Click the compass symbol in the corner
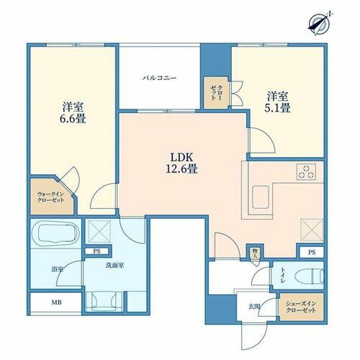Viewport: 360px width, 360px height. tap(320, 23)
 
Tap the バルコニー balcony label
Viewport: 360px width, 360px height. tap(160, 78)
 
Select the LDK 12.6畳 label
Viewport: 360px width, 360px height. tap(181, 163)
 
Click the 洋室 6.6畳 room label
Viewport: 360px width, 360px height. tap(73, 113)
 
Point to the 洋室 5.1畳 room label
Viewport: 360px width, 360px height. tap(278, 102)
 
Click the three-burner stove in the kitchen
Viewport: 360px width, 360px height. tap(306, 171)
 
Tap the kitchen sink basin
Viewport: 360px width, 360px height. tap(260, 197)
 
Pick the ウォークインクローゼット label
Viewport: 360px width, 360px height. tap(51, 197)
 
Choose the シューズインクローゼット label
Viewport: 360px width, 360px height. tap(301, 307)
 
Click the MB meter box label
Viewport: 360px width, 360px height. tap(57, 302)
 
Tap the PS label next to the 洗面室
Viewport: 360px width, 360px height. tap(97, 251)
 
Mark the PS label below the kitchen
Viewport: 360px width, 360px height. tap(312, 252)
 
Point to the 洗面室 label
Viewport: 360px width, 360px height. tap(114, 266)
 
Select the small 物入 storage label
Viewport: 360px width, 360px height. tap(255, 253)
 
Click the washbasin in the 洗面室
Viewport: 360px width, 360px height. tap(104, 300)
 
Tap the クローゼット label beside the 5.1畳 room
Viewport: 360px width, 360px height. tap(216, 92)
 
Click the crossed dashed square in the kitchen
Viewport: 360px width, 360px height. tap(312, 230)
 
